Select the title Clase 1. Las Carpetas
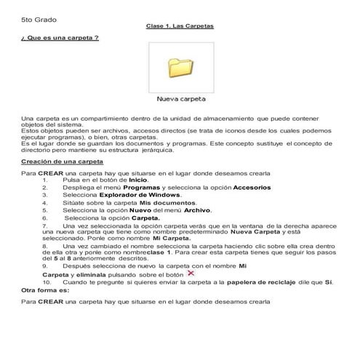180,27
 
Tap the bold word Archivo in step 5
197,209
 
